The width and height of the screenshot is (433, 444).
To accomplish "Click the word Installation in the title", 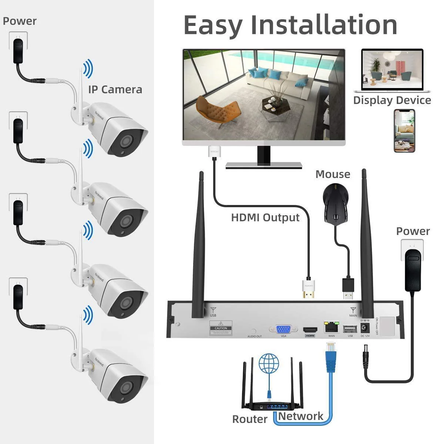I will point(324,25).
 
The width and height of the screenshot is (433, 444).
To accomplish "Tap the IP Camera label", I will point(115,90).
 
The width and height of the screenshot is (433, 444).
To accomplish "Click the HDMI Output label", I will point(265,217).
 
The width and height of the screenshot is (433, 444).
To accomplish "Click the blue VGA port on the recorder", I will point(283,329).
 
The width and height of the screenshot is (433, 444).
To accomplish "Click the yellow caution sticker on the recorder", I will point(221,328).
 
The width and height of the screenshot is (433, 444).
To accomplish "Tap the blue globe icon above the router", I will point(269,363).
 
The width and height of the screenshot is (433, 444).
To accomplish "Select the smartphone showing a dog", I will point(404,131).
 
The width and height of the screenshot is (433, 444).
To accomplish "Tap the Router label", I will point(249,419).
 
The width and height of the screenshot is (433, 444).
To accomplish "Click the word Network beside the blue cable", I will point(301,416).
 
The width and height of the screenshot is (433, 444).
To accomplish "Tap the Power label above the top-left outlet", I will point(20,21).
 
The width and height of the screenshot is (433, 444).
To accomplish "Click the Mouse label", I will point(333,174).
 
